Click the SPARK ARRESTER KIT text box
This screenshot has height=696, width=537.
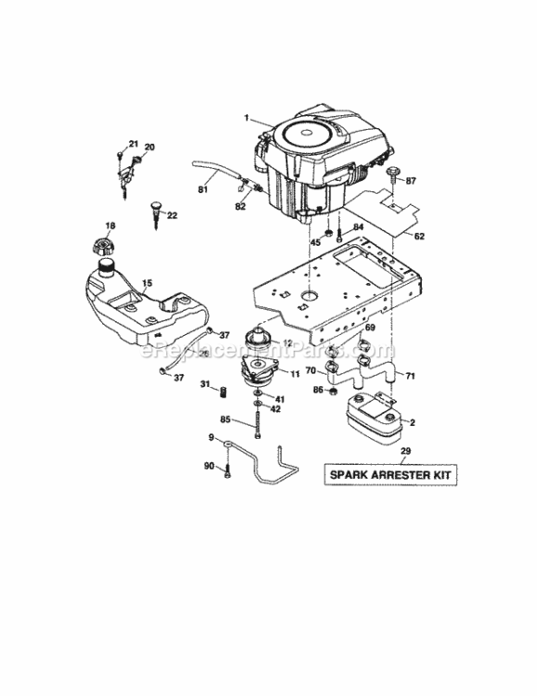click(x=392, y=475)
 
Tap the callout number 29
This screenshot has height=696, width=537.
click(x=404, y=451)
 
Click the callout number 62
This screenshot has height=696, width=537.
click(x=419, y=237)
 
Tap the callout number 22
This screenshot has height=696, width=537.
click(x=172, y=215)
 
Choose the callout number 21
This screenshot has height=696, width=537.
click(x=133, y=143)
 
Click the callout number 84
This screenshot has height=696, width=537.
click(x=358, y=226)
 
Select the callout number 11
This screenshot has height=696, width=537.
click(x=295, y=374)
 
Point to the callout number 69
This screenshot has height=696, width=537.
click(x=369, y=329)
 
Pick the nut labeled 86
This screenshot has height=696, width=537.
click(x=331, y=390)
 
